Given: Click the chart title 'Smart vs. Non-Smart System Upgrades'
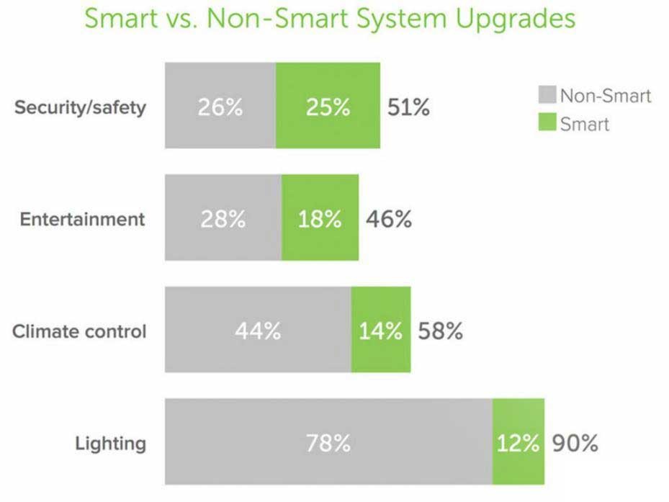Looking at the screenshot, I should pos(330,19).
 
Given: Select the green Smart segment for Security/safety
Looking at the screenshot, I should pos(328,106).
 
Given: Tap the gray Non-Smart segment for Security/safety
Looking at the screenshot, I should pos(220,106).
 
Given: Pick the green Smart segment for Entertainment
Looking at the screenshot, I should pos(320,218).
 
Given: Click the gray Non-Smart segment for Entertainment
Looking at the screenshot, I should pos(223,218).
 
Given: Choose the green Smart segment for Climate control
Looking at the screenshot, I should pos(381,330).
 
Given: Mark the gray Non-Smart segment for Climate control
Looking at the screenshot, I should pos(258,330).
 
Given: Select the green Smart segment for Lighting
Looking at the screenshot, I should pos(518,442).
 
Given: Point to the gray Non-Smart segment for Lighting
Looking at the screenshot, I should pos(328,442).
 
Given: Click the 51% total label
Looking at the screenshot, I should pos(408,107).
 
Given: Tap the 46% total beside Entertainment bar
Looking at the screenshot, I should pos(389,218).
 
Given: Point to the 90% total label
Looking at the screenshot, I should pos(575,443).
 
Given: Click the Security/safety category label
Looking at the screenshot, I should pos(81,107).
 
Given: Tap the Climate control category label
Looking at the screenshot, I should pos(79,331).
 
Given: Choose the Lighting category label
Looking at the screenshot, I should pos(110,443).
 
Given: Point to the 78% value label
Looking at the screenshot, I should pos(328,443).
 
